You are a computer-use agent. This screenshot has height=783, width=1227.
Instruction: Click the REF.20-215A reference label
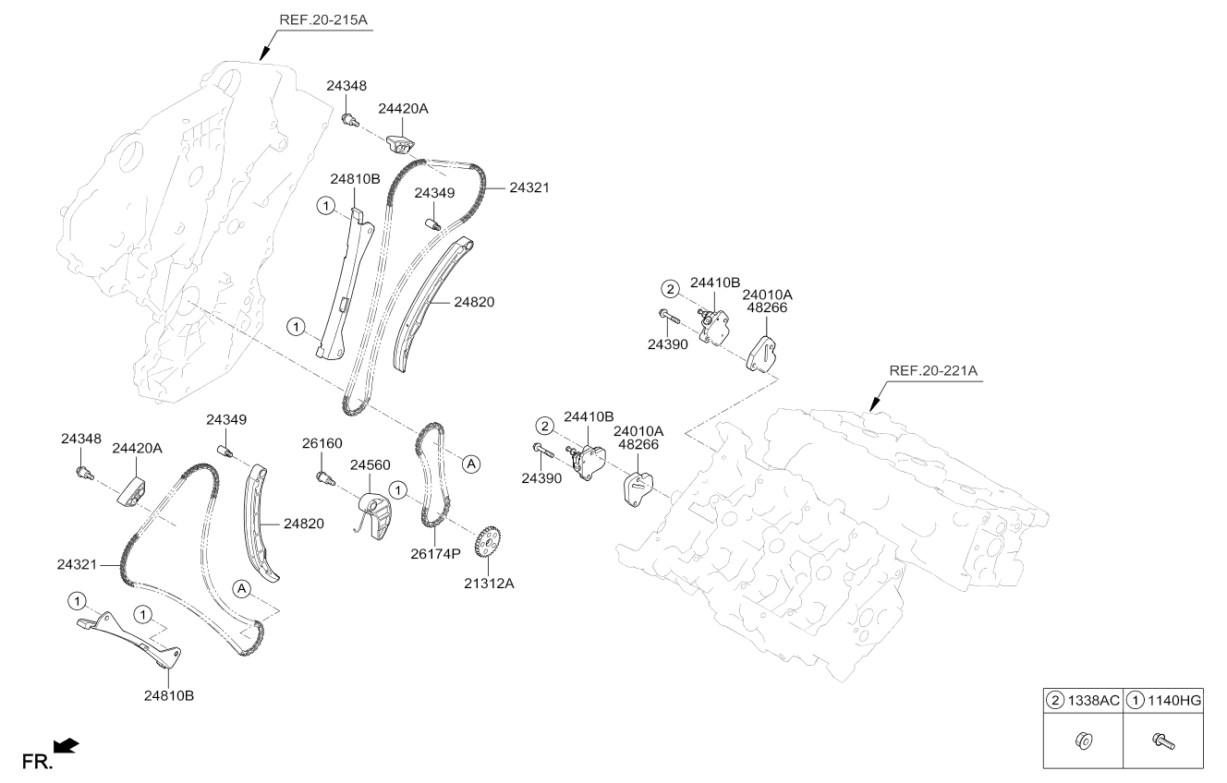tap(323, 20)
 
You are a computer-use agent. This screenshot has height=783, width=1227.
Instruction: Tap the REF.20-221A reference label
tap(933, 370)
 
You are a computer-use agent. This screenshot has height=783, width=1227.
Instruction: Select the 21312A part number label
tap(489, 584)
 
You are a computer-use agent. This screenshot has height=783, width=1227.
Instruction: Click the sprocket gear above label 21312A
tap(488, 542)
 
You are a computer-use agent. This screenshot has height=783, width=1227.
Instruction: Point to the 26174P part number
tap(435, 554)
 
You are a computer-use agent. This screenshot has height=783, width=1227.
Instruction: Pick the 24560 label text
tap(371, 464)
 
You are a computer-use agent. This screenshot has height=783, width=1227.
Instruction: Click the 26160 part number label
tap(322, 443)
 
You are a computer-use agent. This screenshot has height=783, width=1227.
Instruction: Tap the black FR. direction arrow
tap(67, 746)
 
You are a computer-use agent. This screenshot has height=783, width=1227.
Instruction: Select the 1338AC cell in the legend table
tap(1083, 700)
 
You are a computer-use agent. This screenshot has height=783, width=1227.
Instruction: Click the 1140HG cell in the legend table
tap(1163, 700)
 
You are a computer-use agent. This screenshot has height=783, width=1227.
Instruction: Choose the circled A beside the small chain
tap(471, 464)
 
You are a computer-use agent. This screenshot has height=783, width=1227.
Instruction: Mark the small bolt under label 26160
tap(325, 478)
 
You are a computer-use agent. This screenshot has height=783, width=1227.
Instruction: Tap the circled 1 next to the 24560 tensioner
tap(398, 489)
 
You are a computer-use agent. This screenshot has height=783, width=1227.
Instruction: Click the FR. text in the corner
tap(37, 762)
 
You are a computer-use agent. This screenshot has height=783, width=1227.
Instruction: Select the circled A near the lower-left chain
tap(241, 588)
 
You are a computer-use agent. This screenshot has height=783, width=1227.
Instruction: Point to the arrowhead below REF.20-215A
tap(265, 54)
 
